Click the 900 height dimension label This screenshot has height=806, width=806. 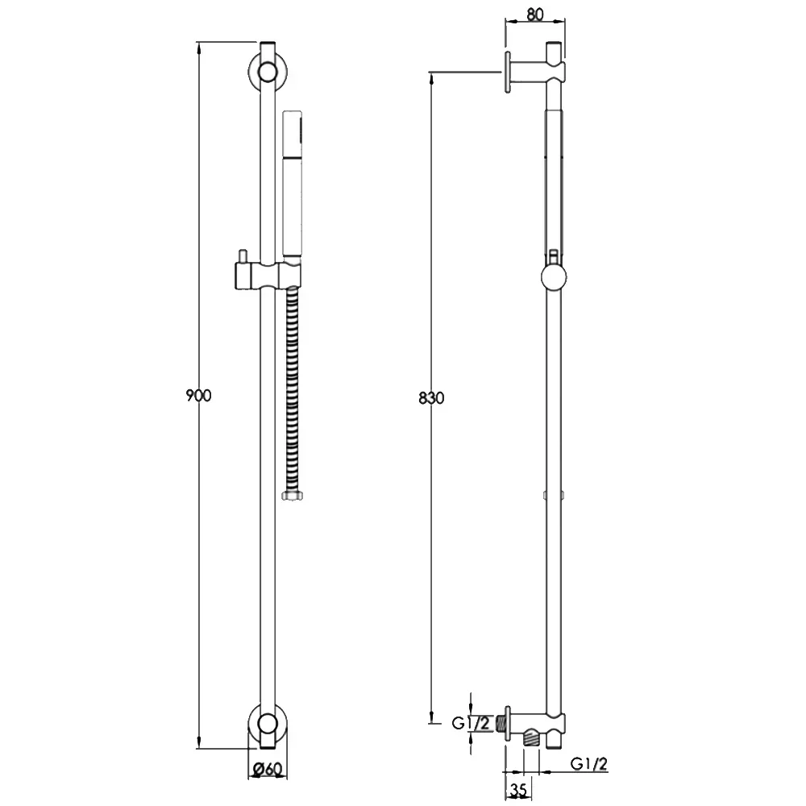[198, 396]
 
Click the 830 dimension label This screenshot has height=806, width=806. [431, 398]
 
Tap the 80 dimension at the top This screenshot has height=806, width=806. [534, 15]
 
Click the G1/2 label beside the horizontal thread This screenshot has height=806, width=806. [471, 723]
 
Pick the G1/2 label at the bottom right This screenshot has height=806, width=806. [589, 764]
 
